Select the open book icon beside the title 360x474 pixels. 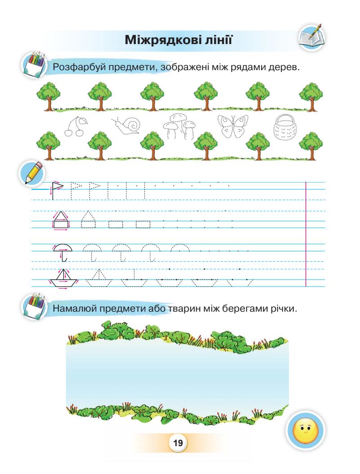point(311,36)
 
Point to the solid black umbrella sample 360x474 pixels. point(62,252)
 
